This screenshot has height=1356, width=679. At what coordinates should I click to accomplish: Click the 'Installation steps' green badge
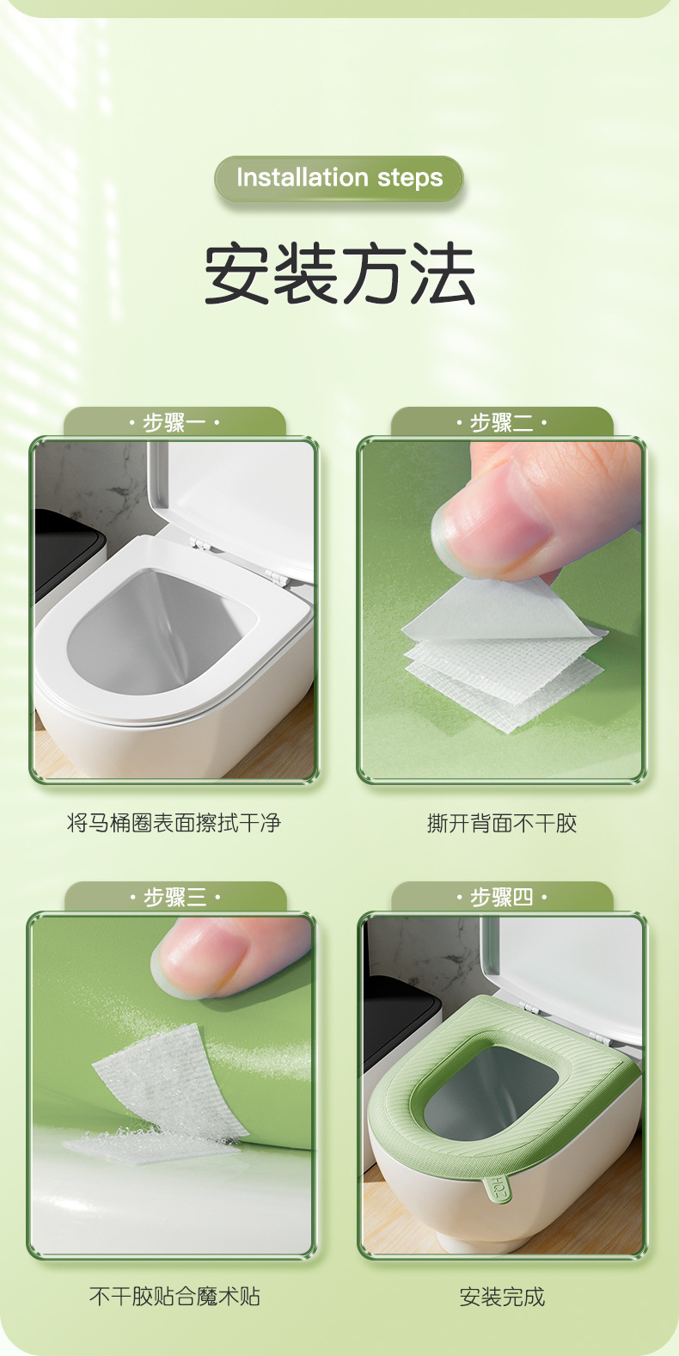(339, 178)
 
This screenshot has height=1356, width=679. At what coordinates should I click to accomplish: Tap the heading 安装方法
(339, 274)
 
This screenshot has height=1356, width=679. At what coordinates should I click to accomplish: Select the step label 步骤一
(174, 422)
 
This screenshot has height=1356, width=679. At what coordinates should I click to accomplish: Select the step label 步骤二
(502, 422)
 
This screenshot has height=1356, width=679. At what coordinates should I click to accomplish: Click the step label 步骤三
(174, 897)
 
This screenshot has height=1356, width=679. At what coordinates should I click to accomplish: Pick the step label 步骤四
(502, 897)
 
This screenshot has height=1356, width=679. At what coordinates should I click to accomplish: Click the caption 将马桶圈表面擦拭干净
(174, 823)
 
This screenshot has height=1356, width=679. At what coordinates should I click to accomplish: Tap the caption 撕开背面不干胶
(502, 823)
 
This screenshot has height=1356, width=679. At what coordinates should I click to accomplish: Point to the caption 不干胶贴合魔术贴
(174, 1296)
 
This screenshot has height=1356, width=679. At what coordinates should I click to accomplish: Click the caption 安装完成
(502, 1296)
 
